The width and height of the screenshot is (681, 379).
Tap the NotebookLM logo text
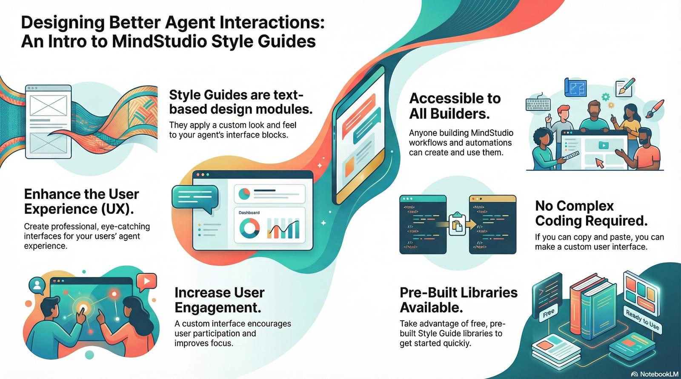(x=659, y=374)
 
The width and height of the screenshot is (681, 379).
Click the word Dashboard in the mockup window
(x=249, y=213)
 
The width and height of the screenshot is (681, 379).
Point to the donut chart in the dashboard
(x=249, y=228)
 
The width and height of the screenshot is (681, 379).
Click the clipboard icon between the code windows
(x=457, y=224)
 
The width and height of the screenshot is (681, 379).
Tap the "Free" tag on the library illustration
(x=549, y=313)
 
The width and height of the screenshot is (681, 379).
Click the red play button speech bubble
(x=146, y=282)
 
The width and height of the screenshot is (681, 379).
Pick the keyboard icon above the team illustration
(x=538, y=104)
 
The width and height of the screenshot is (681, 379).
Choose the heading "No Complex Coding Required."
(x=591, y=213)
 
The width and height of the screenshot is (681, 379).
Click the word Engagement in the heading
(x=217, y=308)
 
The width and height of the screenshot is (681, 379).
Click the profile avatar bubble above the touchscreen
(x=37, y=286)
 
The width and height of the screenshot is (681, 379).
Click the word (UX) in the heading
(x=117, y=209)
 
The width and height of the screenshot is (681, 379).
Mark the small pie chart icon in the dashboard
(x=244, y=194)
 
